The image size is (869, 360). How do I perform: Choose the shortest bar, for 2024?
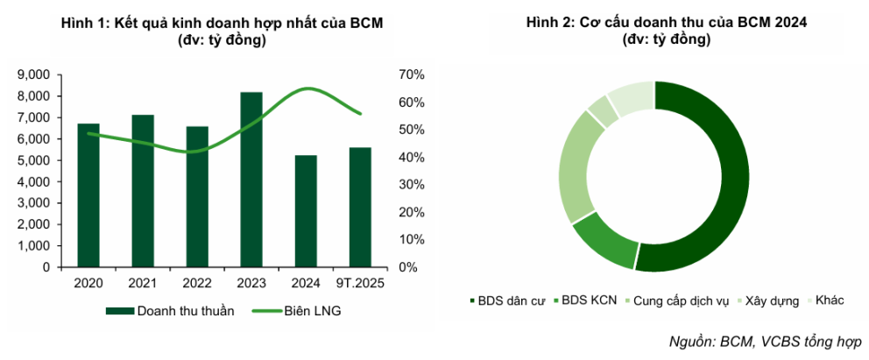(306, 211)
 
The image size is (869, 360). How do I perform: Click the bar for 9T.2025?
(360, 208)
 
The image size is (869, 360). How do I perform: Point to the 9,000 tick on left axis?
(35, 75)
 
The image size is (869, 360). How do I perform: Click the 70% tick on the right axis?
(411, 75)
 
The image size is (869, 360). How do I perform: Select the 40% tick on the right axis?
(411, 158)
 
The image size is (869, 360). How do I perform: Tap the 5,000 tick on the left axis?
(35, 160)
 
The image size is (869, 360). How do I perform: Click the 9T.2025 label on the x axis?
(360, 283)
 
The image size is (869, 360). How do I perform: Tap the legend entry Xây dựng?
(771, 300)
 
